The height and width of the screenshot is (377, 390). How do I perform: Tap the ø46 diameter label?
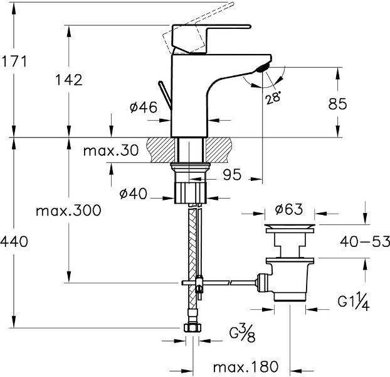coord(143,108)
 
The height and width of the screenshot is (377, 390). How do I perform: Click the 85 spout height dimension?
coord(338,105)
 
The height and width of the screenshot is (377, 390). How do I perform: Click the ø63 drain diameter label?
coord(288,208)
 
